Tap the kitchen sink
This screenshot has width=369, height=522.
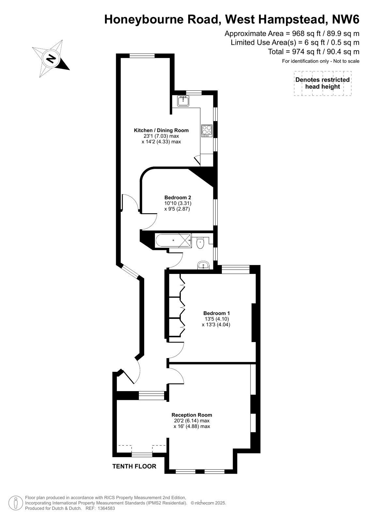click(x=184, y=101)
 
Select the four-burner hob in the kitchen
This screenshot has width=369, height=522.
click(x=207, y=131)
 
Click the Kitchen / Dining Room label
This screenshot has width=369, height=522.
click(x=161, y=130)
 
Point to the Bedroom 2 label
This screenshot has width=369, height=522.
click(x=178, y=198)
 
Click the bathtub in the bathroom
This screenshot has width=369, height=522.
click(x=173, y=240)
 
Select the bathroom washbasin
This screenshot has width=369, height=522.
click(x=204, y=265)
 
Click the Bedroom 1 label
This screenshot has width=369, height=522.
click(x=216, y=313)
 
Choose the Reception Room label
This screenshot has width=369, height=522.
click(x=192, y=415)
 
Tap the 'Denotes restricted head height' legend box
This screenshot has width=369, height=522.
click(x=322, y=83)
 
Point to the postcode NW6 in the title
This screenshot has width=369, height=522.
click(x=346, y=19)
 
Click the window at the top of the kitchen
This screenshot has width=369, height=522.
click(x=142, y=56)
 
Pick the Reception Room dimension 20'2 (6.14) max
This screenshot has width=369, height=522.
click(x=192, y=420)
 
